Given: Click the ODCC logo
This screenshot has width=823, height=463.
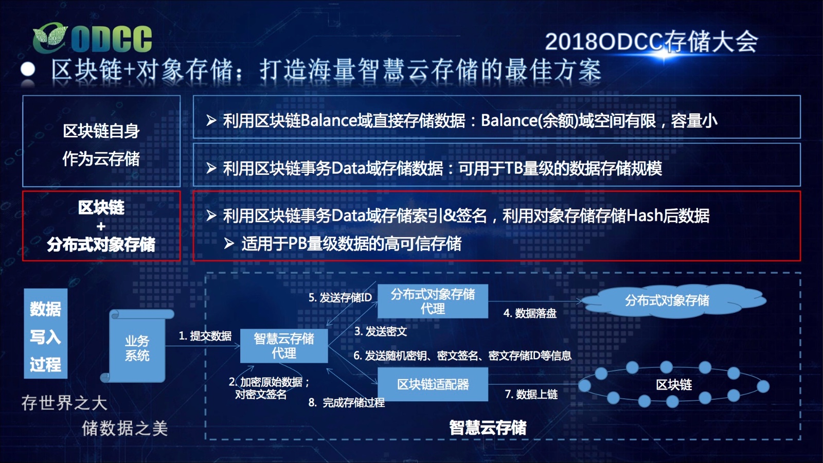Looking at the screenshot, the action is [x=92, y=38].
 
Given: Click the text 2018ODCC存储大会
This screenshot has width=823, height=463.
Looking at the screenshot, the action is [x=651, y=42].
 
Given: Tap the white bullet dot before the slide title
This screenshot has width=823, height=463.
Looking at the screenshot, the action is [x=28, y=69].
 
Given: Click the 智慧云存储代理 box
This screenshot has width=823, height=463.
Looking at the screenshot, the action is [x=284, y=346].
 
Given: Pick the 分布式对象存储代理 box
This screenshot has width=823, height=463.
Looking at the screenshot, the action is [x=433, y=301].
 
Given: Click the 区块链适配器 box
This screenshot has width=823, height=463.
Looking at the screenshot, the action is [x=433, y=384].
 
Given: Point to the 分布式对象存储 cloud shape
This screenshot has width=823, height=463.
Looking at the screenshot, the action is [x=667, y=300].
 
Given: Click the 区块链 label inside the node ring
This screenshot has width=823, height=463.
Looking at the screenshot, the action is [x=674, y=385].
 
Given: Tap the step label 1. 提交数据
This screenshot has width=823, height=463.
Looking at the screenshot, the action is [x=205, y=336].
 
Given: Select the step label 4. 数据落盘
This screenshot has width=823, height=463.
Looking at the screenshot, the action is [x=530, y=313].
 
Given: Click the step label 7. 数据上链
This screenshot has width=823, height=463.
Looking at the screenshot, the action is [x=531, y=394].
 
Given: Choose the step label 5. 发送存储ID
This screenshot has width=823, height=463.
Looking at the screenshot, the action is [x=340, y=298].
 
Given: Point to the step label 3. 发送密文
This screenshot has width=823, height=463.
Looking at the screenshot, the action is [x=381, y=331].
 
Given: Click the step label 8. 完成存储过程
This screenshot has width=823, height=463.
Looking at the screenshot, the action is [x=347, y=403].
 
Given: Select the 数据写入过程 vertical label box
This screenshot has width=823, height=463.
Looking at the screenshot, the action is [x=46, y=333].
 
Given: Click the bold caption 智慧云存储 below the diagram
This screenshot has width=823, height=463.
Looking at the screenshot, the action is [x=488, y=428].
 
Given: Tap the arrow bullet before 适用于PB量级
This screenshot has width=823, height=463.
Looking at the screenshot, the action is [x=229, y=243].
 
